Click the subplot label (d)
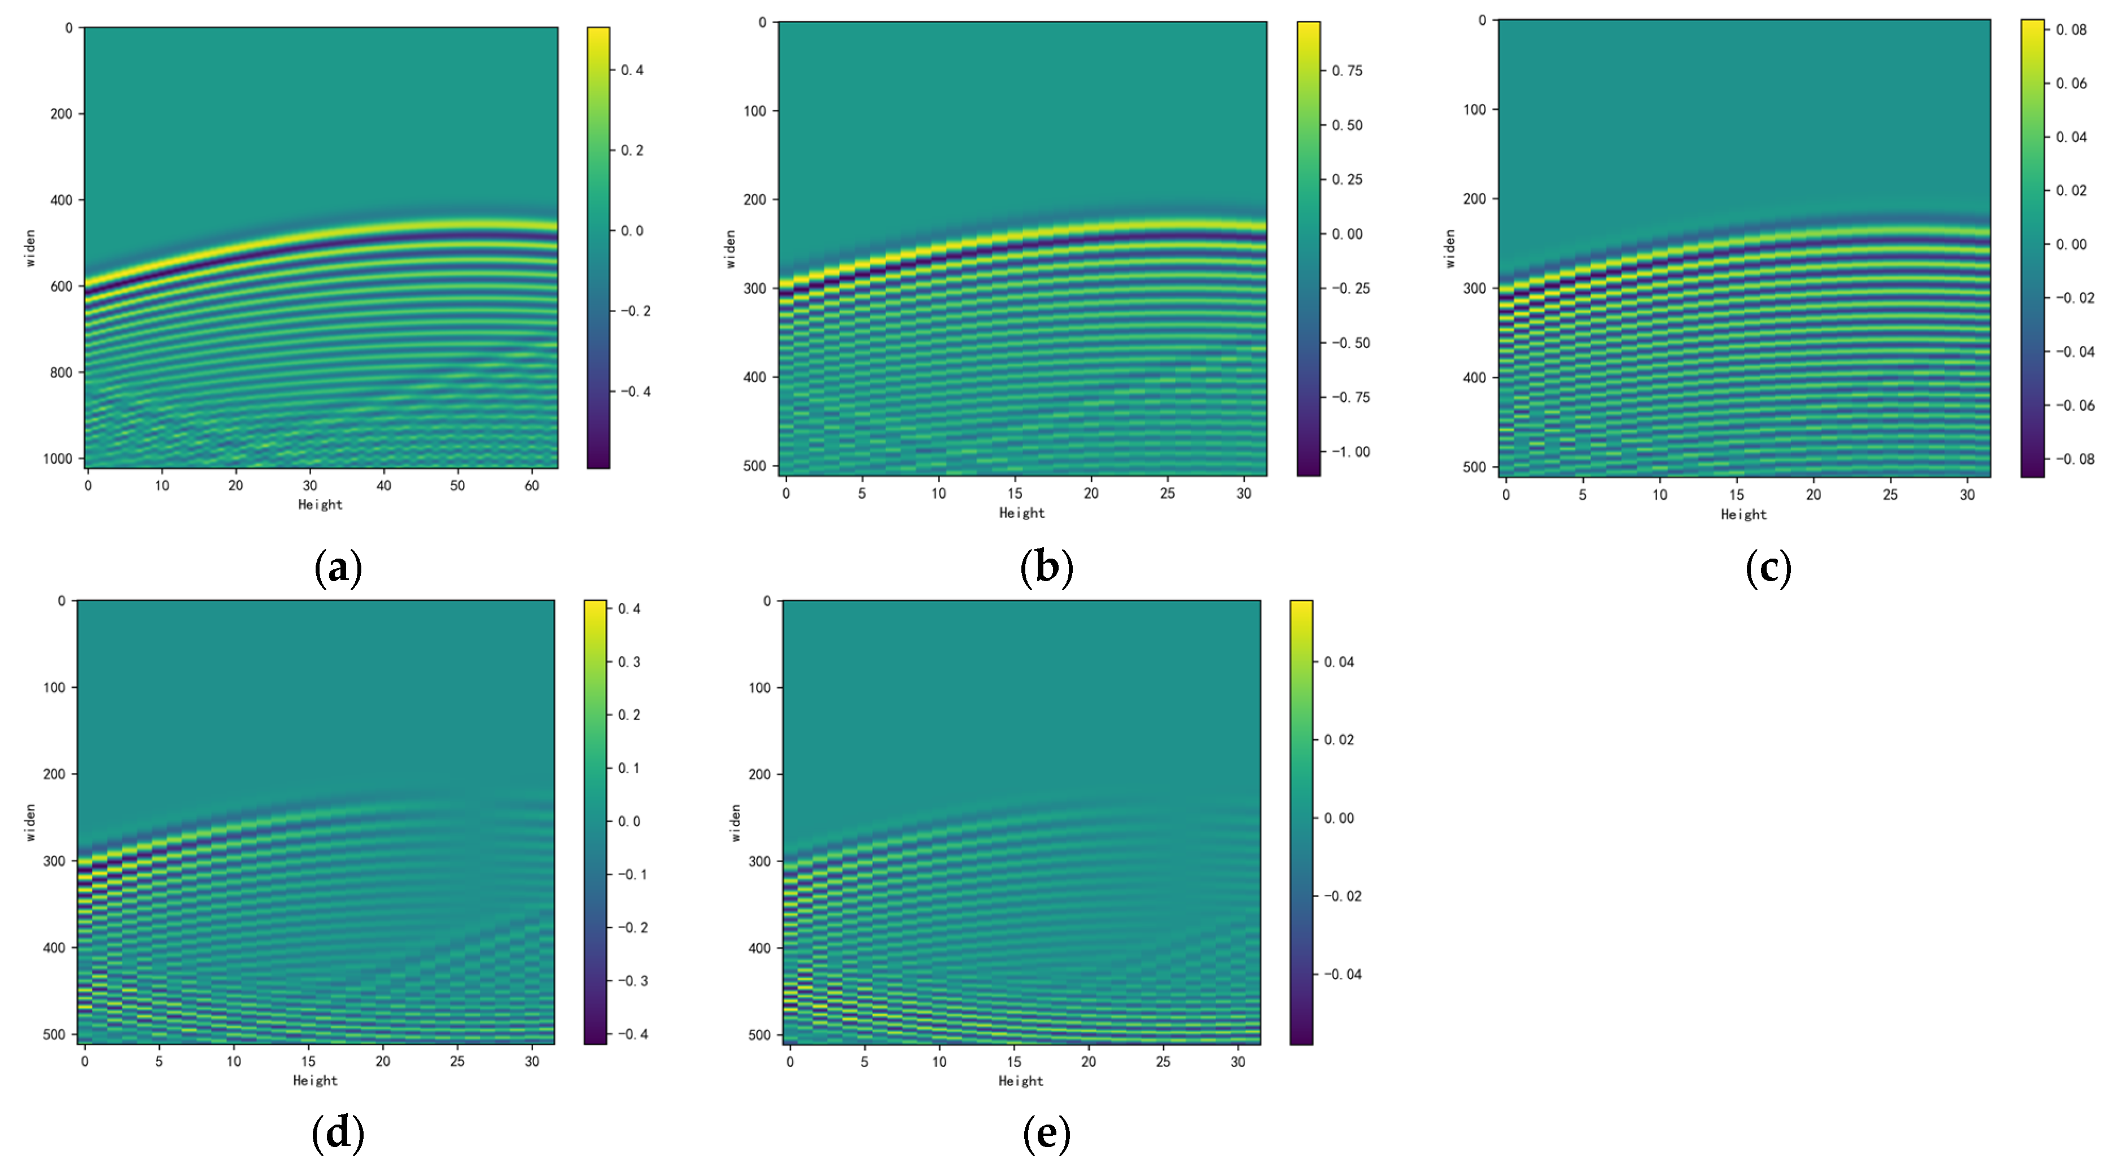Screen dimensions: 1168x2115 coord(338,1134)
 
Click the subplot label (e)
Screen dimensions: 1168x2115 coord(1046,1134)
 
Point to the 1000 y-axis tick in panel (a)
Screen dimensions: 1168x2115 coord(58,459)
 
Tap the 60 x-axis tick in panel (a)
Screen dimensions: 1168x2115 coord(531,486)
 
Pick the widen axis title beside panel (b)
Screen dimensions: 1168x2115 coord(730,249)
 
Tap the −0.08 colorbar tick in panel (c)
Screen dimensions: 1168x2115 coord(2075,459)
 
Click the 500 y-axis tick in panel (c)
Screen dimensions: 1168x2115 coord(1475,467)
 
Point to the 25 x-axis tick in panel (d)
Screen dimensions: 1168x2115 coord(457,1061)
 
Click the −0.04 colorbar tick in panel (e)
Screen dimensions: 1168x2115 coord(1343,974)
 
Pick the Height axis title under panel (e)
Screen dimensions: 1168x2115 coord(1021,1081)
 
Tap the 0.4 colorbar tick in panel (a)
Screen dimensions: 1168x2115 coord(632,71)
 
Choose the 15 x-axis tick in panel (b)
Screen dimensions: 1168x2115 coord(1015,493)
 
